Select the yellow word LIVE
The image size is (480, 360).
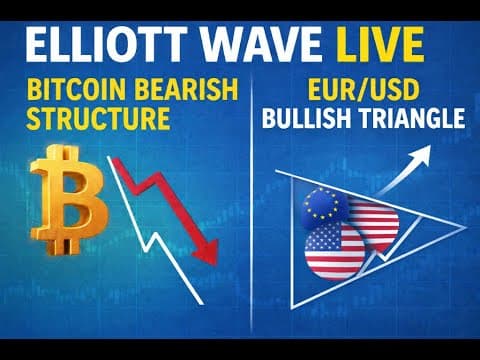pos(380,45)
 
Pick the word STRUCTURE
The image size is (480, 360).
pos(98,118)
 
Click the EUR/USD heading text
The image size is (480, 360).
pos(363,89)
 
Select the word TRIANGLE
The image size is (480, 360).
pos(411,118)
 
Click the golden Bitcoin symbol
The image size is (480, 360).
pos(69,200)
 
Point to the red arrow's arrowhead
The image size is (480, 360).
pos(207,252)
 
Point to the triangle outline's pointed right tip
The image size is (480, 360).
pos(465,228)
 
